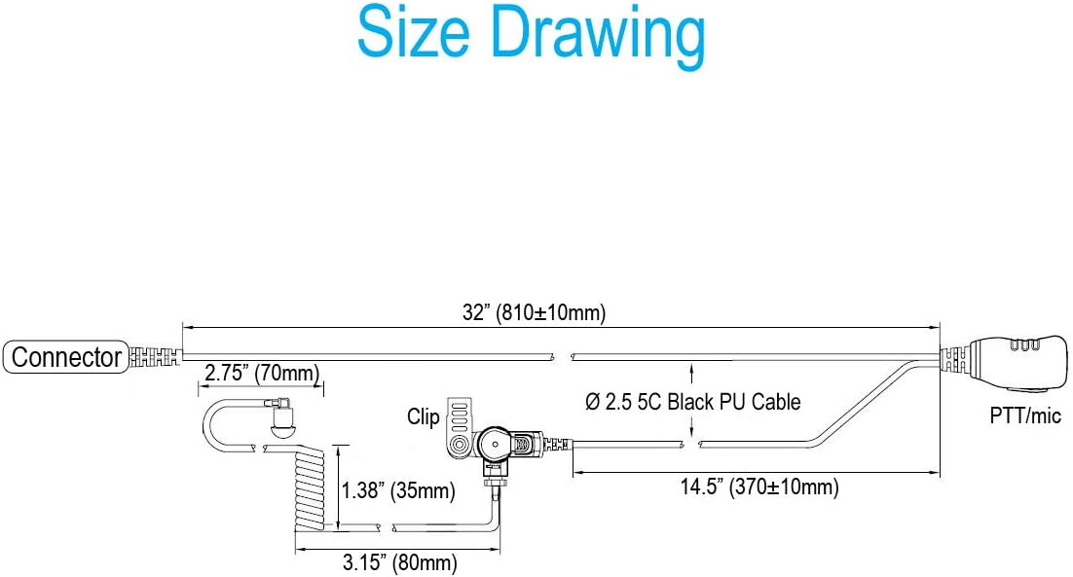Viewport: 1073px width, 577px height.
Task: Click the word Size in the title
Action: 413,33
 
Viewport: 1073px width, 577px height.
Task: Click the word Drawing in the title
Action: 598,38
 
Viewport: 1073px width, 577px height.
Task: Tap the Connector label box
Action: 66,357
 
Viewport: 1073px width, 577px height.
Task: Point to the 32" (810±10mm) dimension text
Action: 534,312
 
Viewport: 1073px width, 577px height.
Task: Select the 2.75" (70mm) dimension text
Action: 262,374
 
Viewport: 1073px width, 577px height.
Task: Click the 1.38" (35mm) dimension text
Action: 398,490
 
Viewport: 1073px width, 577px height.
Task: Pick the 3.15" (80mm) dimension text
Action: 399,562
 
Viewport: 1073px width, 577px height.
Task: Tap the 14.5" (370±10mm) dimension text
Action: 758,487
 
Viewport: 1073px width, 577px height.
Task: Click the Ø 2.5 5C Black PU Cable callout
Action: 692,401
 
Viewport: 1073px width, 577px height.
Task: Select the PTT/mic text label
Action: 1025,415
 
